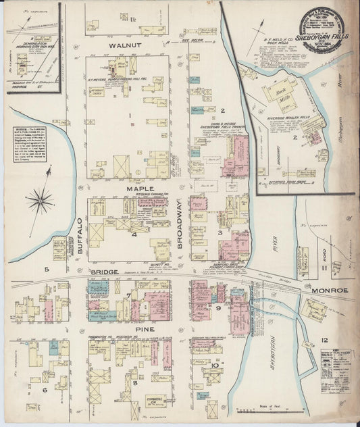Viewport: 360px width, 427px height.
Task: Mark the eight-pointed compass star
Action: coord(40,199)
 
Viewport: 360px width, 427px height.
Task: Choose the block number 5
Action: coord(47,270)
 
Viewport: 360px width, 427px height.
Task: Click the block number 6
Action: coord(45,390)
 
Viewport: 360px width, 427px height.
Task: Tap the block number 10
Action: coord(215,366)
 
